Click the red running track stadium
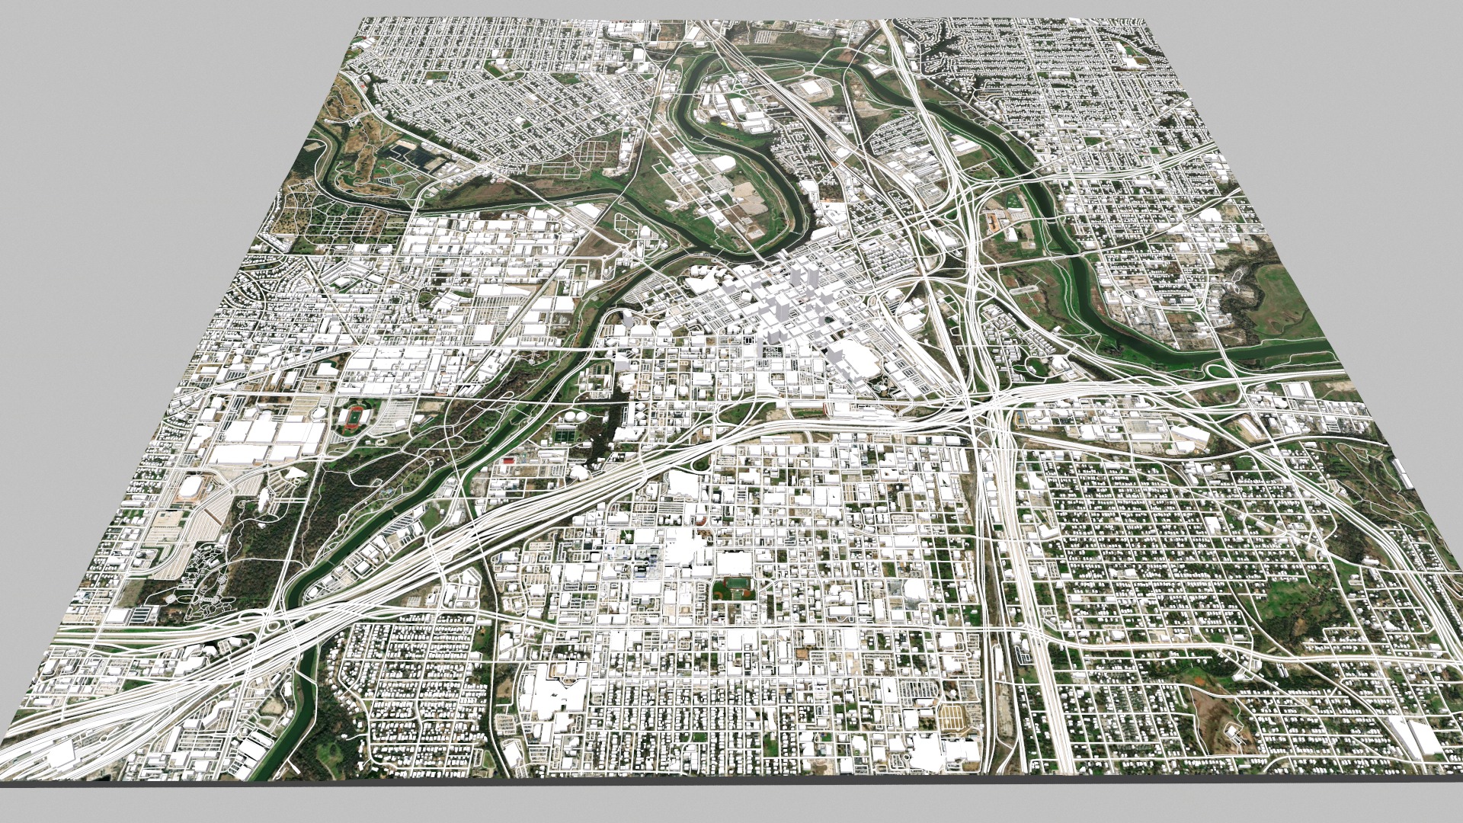coord(352,418)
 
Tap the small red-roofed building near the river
coord(507,461)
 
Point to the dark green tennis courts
coord(565,437)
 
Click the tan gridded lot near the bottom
coord(951,716)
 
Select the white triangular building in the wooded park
coord(263,499)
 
